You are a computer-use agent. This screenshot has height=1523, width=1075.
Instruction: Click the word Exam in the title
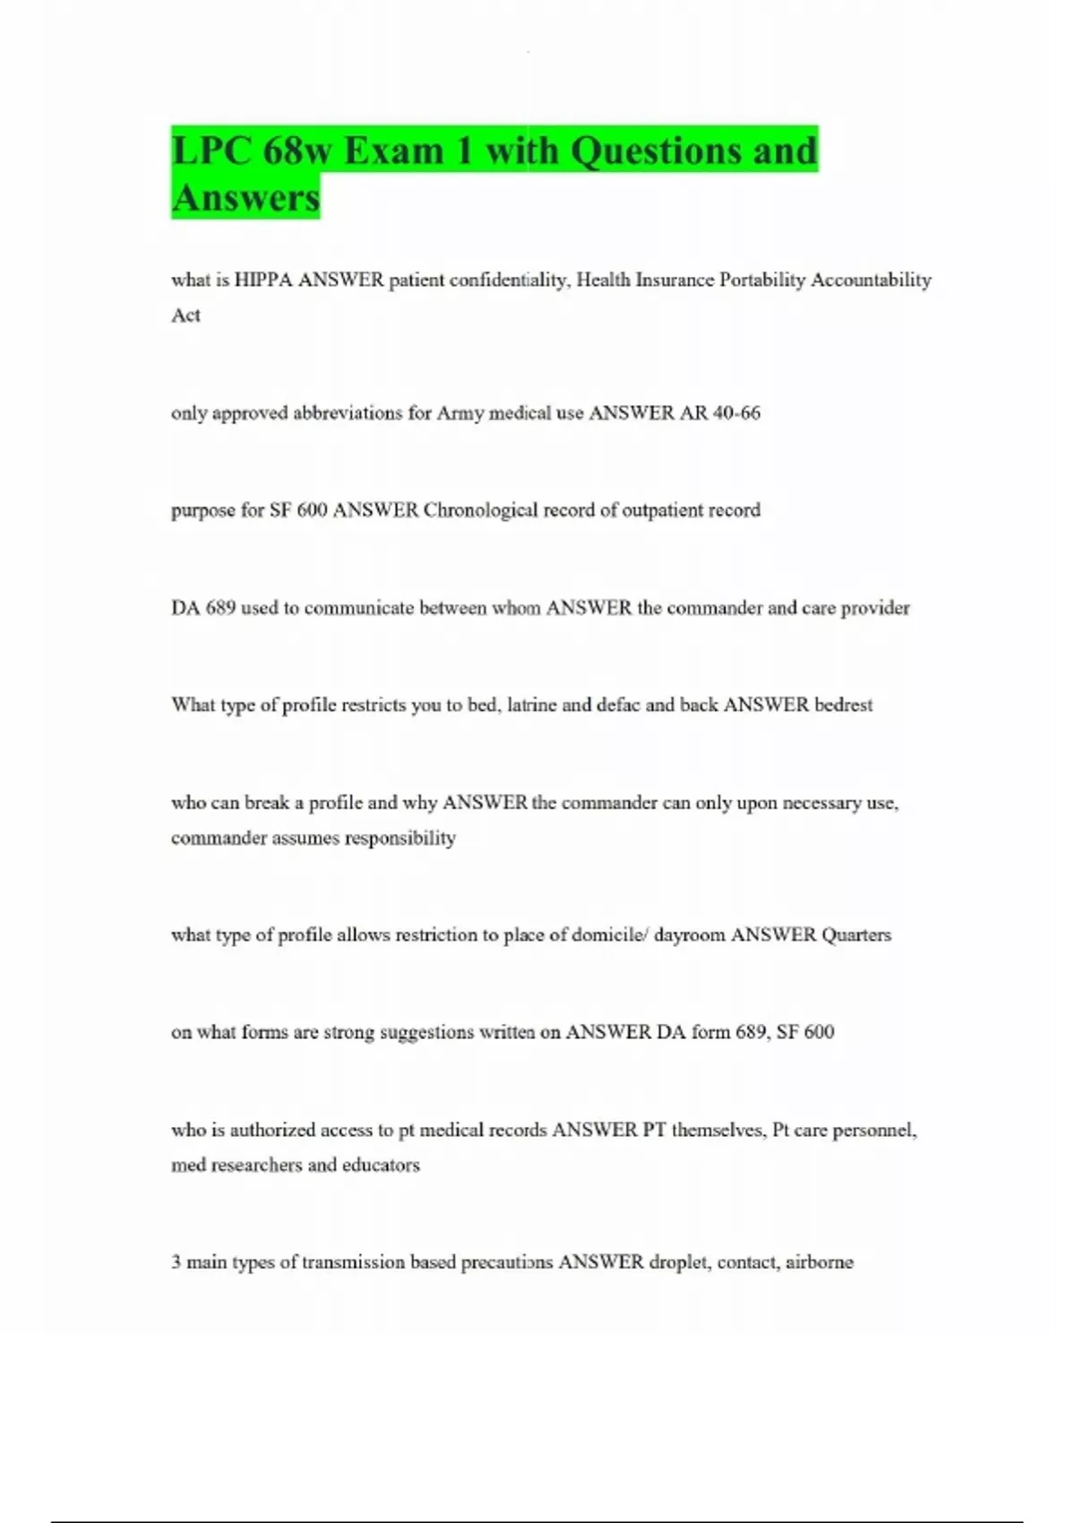point(393,151)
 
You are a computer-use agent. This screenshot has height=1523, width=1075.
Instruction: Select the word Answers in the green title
point(245,198)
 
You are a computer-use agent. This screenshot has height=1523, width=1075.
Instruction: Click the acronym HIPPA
point(263,280)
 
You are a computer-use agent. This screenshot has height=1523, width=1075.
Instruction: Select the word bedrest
point(843,705)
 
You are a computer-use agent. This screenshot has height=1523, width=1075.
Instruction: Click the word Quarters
point(856,935)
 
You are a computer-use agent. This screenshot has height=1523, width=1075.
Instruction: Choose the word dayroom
point(689,935)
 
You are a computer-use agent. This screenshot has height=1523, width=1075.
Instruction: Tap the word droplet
point(680,1262)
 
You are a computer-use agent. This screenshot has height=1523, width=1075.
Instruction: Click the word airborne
point(819,1262)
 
